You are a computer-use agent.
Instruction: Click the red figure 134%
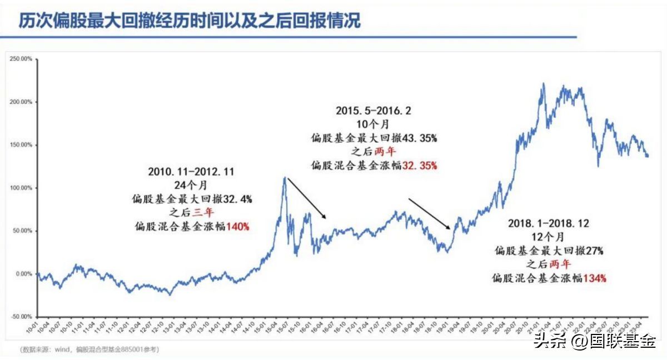(594, 278)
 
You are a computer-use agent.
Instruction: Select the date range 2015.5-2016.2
(374, 111)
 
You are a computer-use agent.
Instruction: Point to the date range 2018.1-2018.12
(548, 223)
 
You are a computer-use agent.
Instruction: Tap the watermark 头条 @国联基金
(595, 340)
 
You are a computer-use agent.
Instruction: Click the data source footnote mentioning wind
(89, 349)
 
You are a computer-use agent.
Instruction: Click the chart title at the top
(190, 21)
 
